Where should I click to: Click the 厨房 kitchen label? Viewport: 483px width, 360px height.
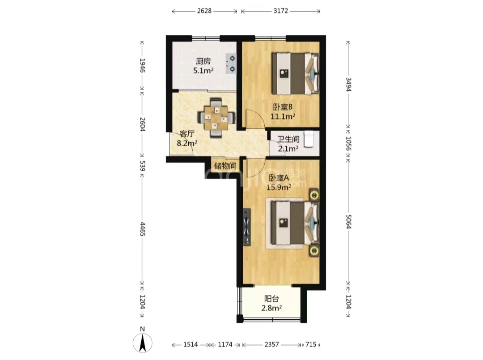[x=203, y=61]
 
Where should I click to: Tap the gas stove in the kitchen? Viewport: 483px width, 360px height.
[x=231, y=64]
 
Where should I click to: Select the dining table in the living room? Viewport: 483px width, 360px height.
[x=217, y=117]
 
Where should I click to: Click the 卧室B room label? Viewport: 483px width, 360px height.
[x=283, y=107]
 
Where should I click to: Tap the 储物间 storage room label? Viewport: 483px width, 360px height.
[x=225, y=166]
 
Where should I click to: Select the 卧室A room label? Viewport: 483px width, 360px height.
[x=279, y=178]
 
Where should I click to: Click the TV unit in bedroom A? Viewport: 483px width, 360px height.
[x=247, y=227]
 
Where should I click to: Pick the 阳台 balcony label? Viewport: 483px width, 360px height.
[x=272, y=299]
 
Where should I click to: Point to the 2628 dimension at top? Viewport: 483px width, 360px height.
[x=204, y=11]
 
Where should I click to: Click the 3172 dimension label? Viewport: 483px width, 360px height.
[x=280, y=11]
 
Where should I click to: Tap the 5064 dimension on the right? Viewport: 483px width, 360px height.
[x=348, y=221]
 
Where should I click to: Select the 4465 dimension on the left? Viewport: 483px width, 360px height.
[x=142, y=229]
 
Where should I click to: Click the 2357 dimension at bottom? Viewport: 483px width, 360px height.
[x=272, y=345]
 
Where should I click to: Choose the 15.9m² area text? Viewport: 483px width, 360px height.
[x=279, y=187]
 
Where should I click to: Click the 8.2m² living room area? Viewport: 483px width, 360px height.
[x=187, y=143]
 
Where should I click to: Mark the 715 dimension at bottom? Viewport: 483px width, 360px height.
[x=311, y=345]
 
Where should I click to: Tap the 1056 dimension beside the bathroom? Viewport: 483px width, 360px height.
[x=348, y=144]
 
